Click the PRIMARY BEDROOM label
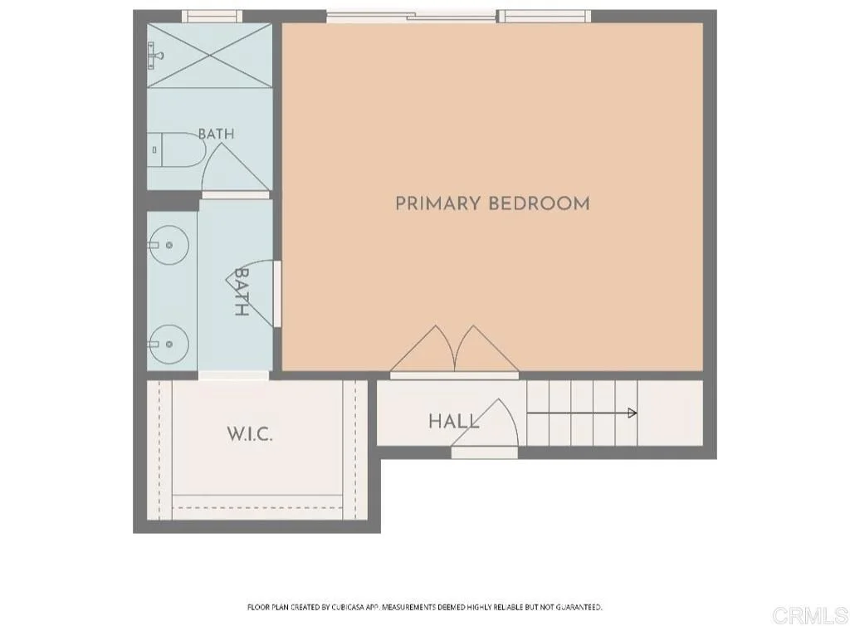click(492, 203)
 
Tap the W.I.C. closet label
click(249, 433)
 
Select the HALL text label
click(454, 421)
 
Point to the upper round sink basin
click(169, 245)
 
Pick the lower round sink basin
click(169, 345)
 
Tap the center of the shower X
click(209, 55)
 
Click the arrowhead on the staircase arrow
click(632, 413)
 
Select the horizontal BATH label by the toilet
click(217, 134)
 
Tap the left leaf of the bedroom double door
click(423, 350)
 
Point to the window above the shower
click(212, 17)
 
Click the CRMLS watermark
click(810, 615)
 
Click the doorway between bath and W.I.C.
click(233, 375)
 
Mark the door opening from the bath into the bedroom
click(277, 294)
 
